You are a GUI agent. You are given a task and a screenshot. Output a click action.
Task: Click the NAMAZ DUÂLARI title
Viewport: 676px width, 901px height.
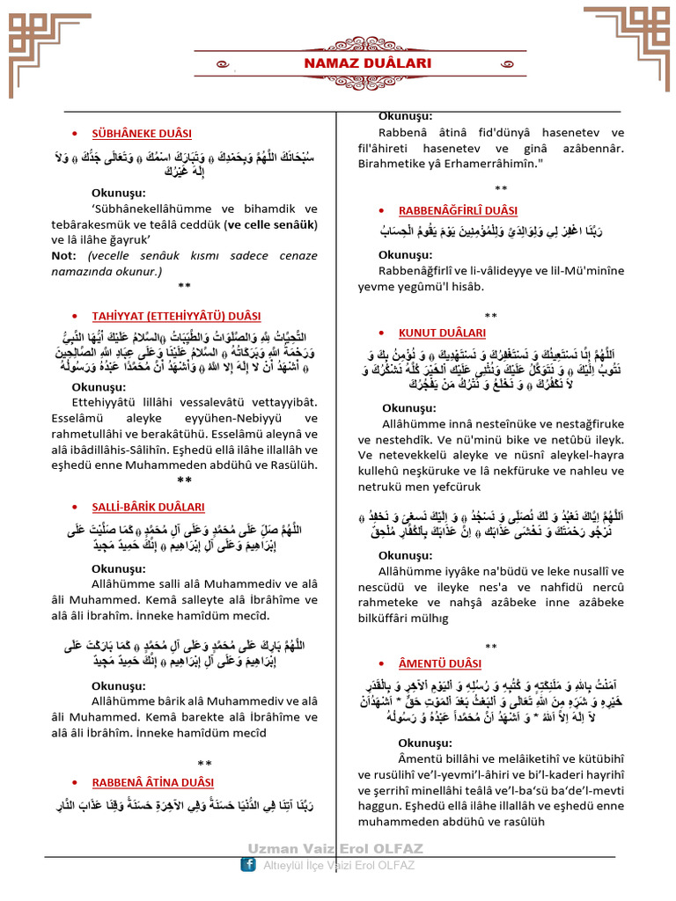point(356,63)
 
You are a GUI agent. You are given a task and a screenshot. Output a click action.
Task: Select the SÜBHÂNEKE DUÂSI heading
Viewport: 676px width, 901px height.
point(142,133)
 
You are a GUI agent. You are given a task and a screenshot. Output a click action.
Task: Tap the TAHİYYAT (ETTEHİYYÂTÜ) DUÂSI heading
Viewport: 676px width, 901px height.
point(176,315)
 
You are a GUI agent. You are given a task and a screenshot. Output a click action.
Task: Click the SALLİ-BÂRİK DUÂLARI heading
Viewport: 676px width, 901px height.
point(149,507)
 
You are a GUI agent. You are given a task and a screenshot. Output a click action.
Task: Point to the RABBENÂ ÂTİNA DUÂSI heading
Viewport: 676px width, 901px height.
point(153,781)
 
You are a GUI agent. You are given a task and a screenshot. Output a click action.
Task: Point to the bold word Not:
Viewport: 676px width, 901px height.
point(64,255)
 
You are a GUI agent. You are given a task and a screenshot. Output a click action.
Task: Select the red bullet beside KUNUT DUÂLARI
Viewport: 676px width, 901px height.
point(380,333)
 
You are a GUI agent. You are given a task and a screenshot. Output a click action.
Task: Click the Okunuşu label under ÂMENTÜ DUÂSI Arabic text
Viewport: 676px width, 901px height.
point(407,743)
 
